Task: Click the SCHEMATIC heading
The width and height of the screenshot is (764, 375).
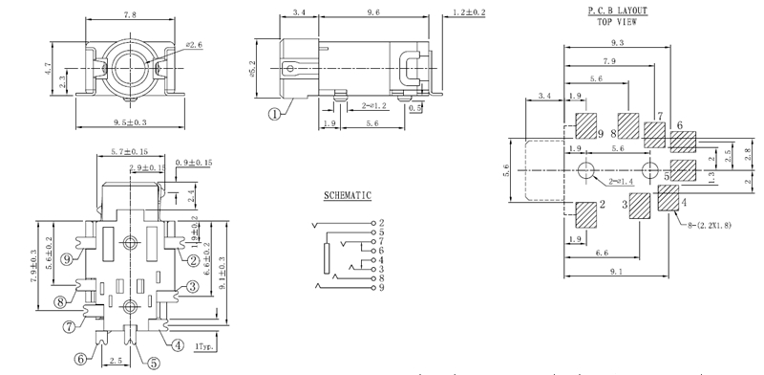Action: (x=348, y=196)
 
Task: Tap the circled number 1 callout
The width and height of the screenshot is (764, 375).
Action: (x=275, y=114)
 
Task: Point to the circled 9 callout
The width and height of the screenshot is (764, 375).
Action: (x=68, y=259)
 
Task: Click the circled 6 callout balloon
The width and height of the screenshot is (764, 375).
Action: (x=81, y=359)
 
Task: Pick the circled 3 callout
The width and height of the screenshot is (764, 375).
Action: (x=193, y=286)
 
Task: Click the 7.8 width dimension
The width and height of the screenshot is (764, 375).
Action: (x=130, y=15)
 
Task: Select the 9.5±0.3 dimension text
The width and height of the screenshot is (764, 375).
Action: (x=130, y=122)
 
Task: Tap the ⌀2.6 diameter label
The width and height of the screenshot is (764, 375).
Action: (x=194, y=45)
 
